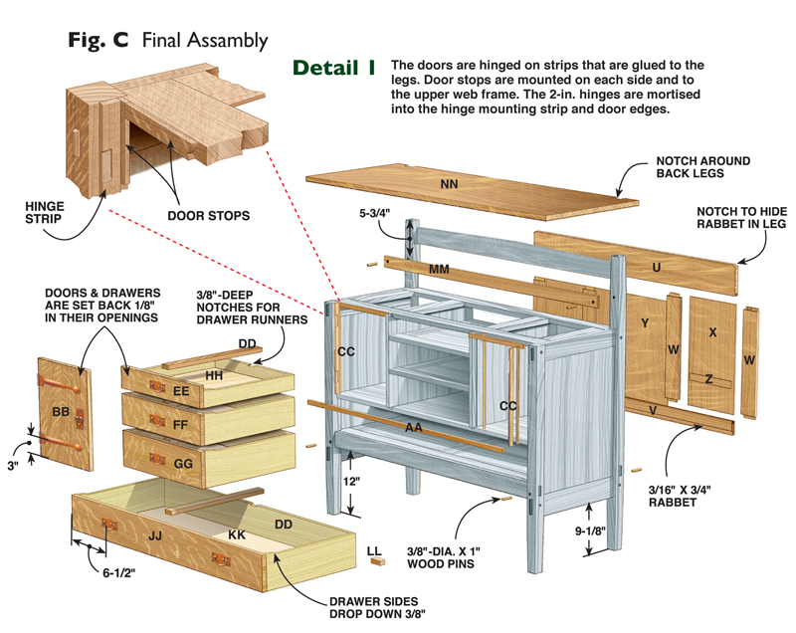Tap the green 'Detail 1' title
333,68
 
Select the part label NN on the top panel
449,183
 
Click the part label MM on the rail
439,270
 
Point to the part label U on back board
656,267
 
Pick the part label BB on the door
61,410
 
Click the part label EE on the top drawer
181,391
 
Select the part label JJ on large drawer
155,535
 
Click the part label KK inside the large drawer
237,534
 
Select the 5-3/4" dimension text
375,214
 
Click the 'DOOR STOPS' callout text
209,215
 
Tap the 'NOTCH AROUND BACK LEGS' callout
702,167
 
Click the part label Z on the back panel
707,378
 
